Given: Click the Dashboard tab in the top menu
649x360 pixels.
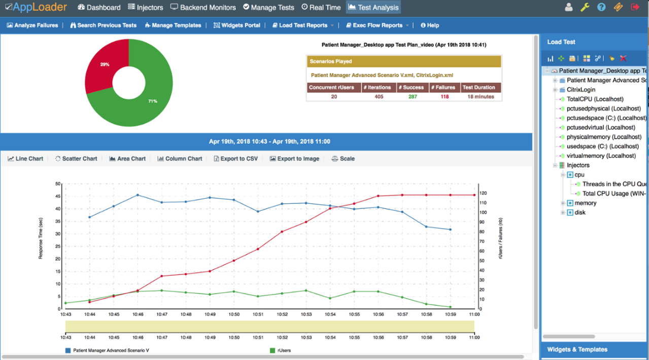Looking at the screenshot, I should pyautogui.click(x=99, y=7).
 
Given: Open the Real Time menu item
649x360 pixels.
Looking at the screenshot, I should pyautogui.click(x=321, y=7).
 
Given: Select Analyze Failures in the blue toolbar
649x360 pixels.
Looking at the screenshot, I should pyautogui.click(x=32, y=25).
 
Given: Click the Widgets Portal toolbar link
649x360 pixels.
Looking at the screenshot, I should pyautogui.click(x=237, y=25).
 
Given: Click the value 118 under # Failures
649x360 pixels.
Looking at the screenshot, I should pyautogui.click(x=445, y=96).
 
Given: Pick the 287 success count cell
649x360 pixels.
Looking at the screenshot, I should pyautogui.click(x=413, y=96).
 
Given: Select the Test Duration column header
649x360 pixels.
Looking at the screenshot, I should pyautogui.click(x=479, y=87).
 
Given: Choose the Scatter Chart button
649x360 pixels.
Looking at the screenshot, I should pyautogui.click(x=76, y=159).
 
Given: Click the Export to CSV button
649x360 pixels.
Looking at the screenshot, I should pyautogui.click(x=235, y=159).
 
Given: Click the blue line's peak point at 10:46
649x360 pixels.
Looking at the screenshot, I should pyautogui.click(x=138, y=195).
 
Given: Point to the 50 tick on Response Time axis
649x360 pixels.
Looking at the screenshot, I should pyautogui.click(x=58, y=184).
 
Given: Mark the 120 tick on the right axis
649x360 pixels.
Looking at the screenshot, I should pyautogui.click(x=483, y=193).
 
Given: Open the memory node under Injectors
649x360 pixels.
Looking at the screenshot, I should pyautogui.click(x=585, y=203).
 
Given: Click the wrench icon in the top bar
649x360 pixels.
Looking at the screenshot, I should pyautogui.click(x=585, y=7).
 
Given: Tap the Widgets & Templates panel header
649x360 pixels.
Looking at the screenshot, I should pyautogui.click(x=577, y=349).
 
